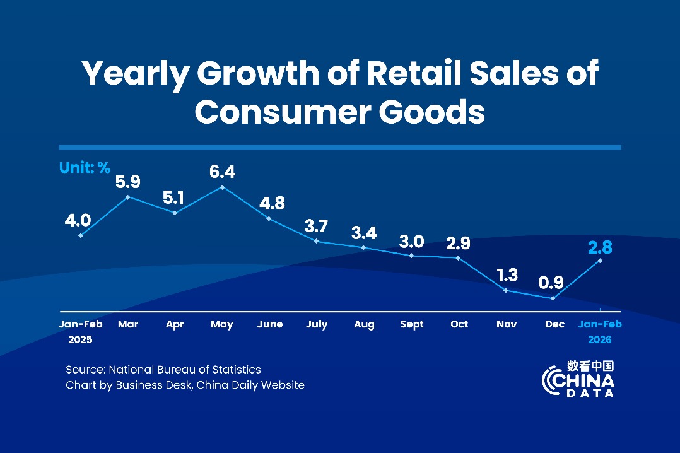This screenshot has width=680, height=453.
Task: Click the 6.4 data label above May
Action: (x=222, y=172)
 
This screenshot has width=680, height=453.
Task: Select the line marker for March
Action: (x=128, y=197)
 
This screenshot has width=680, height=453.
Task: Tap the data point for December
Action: (x=553, y=298)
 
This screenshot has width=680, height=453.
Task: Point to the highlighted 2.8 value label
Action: (x=600, y=246)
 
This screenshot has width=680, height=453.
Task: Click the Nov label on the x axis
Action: (x=507, y=324)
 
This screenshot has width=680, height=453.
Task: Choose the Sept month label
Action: (x=412, y=324)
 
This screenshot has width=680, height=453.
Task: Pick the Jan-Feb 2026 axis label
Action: (x=600, y=331)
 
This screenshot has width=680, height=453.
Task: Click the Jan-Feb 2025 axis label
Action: (x=81, y=331)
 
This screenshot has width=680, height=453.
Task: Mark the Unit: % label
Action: (x=85, y=168)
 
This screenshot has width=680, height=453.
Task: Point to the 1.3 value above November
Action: (x=507, y=274)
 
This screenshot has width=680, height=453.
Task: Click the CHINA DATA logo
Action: (x=578, y=379)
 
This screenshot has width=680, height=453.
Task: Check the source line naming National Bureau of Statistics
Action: (x=163, y=369)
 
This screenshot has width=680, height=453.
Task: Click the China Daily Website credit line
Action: (x=185, y=385)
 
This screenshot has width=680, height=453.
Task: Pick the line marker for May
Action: (x=222, y=187)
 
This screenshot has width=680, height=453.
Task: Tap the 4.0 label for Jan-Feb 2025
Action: (x=78, y=220)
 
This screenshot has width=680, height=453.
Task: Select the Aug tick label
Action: (x=364, y=324)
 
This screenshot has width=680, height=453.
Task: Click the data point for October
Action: (x=459, y=257)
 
